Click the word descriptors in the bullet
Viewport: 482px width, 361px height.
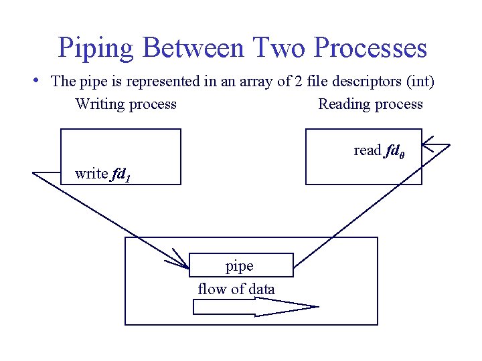[366, 82]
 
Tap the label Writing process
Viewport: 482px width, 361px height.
[126, 104]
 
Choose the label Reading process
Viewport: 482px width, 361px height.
[370, 104]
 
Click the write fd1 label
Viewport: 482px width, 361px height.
[102, 174]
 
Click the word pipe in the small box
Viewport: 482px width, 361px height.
[239, 266]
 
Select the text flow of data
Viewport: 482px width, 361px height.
[236, 289]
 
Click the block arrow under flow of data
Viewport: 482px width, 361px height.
[254, 307]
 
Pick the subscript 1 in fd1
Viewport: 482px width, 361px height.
[127, 177]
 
